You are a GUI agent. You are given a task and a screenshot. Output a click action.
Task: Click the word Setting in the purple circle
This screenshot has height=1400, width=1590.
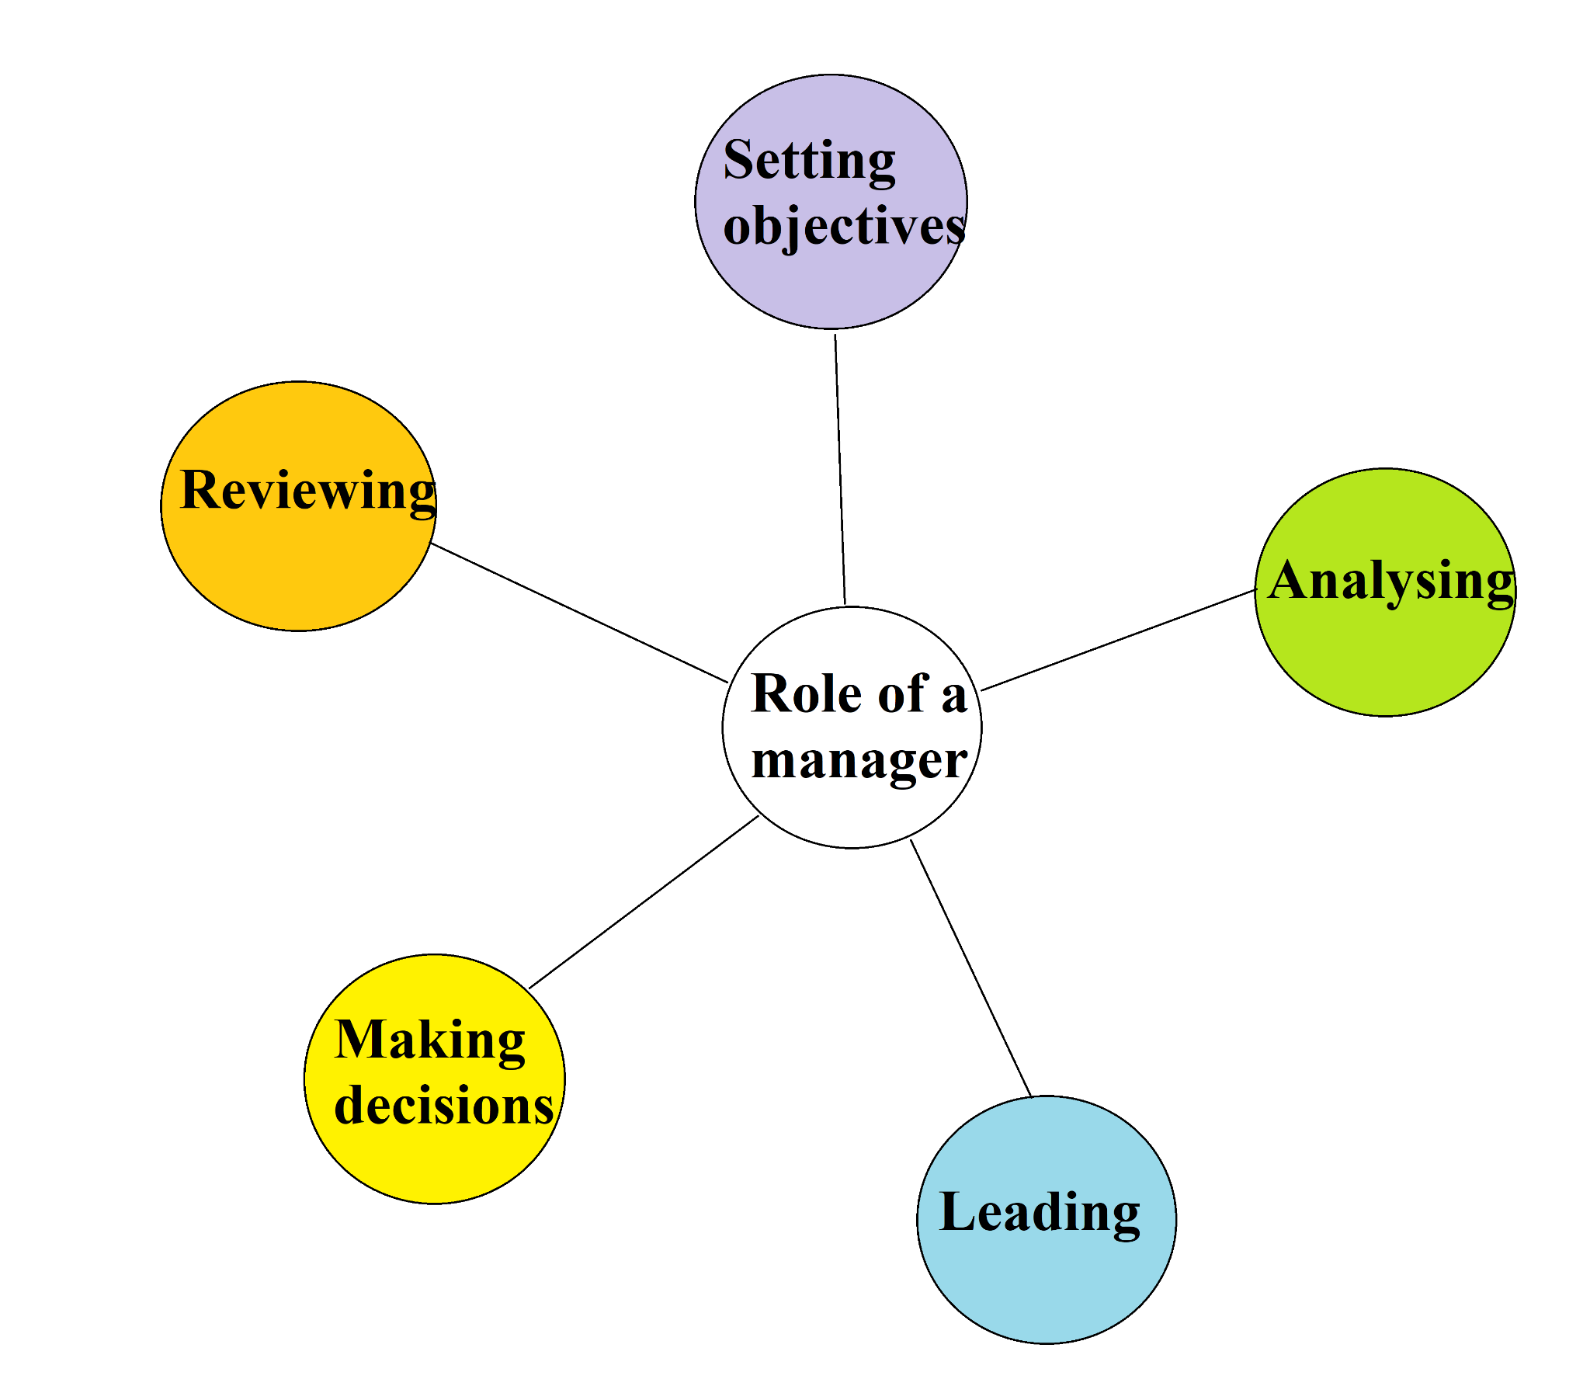tap(809, 161)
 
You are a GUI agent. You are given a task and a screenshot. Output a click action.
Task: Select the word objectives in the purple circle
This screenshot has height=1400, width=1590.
tap(843, 228)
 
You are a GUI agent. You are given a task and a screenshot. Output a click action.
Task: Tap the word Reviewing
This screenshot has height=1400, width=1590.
tap(307, 491)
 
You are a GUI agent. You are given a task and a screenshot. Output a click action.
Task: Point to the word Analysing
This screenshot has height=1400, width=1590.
tap(1390, 582)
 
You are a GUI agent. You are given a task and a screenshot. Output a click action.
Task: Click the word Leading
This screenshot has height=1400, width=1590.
tap(1040, 1212)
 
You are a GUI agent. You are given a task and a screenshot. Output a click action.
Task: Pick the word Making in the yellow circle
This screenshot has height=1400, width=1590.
tap(429, 1040)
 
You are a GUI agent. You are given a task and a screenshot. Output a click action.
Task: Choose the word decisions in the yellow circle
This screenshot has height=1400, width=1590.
tap(443, 1106)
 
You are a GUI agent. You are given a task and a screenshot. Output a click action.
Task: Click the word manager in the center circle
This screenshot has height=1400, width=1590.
tap(859, 760)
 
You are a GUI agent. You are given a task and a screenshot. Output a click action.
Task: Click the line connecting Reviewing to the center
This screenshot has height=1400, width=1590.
tap(579, 613)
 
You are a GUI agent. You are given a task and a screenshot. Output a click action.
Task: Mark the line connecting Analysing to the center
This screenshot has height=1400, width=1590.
tap(1118, 641)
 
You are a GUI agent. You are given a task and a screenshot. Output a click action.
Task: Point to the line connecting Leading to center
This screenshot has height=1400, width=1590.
tap(970, 968)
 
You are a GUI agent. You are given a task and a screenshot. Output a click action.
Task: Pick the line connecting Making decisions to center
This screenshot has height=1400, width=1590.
tap(644, 902)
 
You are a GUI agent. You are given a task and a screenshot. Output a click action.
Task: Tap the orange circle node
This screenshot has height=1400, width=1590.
tap(298, 568)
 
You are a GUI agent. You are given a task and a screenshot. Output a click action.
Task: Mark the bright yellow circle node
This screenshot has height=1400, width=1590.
tap(434, 1159)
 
